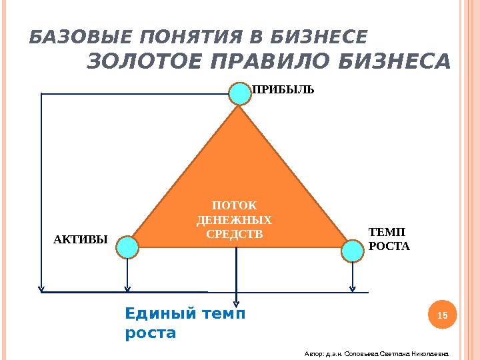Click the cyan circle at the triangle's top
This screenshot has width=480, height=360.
(239, 93)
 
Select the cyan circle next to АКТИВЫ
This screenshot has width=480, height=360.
(127, 248)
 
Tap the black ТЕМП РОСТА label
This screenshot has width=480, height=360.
(389, 239)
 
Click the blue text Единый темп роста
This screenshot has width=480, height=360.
(185, 323)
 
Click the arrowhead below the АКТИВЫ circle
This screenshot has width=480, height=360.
(127, 289)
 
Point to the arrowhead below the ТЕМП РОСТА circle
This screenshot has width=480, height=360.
(352, 289)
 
